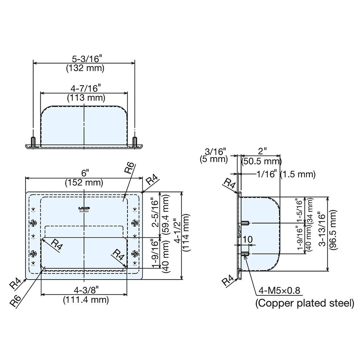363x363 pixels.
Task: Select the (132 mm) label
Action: (x=84, y=68)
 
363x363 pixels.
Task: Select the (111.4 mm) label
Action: (x=86, y=300)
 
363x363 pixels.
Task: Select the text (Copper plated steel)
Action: (x=305, y=303)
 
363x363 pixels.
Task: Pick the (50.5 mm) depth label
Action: (x=262, y=161)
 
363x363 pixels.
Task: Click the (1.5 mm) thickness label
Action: (x=298, y=175)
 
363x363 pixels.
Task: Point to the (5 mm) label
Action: (x=213, y=159)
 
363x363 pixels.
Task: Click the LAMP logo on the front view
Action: (x=84, y=208)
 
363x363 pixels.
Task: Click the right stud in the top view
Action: (x=135, y=142)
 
